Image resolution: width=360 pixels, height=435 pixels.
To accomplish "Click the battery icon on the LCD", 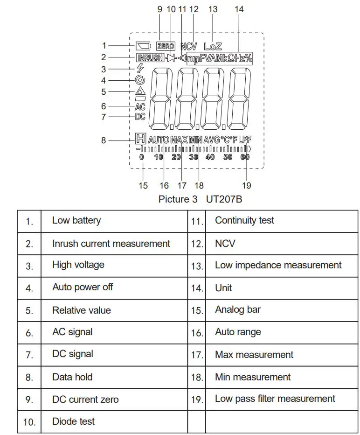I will [143, 46].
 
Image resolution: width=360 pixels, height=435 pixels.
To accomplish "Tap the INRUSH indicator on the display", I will [150, 58].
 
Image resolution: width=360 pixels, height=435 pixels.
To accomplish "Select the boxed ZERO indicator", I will [166, 46].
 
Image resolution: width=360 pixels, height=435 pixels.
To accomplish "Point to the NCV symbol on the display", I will [189, 46].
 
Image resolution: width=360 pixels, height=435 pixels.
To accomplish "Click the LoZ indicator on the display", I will [213, 46].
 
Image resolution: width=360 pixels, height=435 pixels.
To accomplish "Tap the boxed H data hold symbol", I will [140, 139].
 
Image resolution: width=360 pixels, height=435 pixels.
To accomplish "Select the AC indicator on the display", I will [140, 107].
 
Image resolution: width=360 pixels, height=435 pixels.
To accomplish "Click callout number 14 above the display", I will [239, 9].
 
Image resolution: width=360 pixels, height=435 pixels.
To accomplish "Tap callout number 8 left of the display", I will [104, 140].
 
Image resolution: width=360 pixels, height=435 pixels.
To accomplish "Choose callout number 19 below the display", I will [247, 185].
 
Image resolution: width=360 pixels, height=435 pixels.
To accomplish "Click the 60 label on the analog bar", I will [245, 157].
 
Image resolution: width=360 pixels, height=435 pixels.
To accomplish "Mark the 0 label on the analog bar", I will [142, 157].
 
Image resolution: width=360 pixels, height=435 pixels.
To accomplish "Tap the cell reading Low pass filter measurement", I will [275, 399].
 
